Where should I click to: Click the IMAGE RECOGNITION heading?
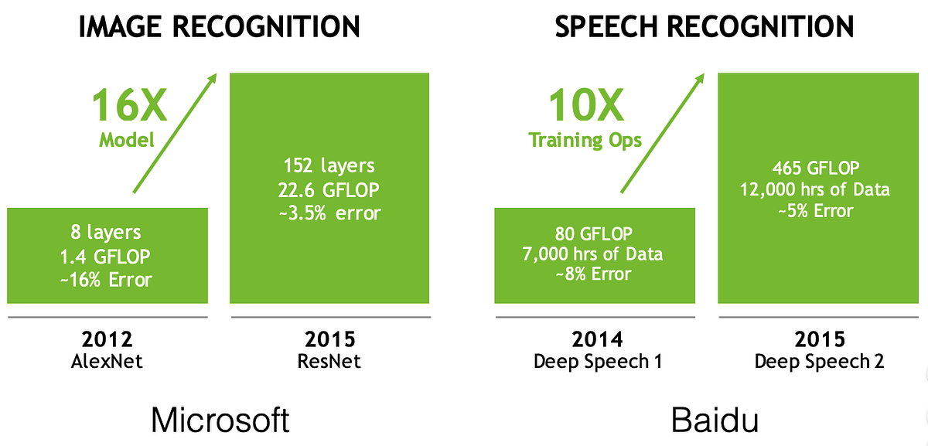pos(219,27)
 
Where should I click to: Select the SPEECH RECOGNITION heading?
pos(705,27)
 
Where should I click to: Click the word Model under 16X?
pos(128,140)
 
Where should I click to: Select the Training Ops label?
pos(585,140)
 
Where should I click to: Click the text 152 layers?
pos(329,165)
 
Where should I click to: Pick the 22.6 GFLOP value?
pos(329,189)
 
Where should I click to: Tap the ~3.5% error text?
pos(329,213)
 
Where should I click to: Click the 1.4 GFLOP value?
pos(107,256)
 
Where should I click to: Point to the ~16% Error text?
pos(107,278)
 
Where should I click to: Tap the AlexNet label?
pos(107,362)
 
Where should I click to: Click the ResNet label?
pos(329,362)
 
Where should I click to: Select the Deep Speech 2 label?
pos(818,362)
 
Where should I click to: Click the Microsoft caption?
pos(220,420)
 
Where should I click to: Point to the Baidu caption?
pos(715,420)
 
